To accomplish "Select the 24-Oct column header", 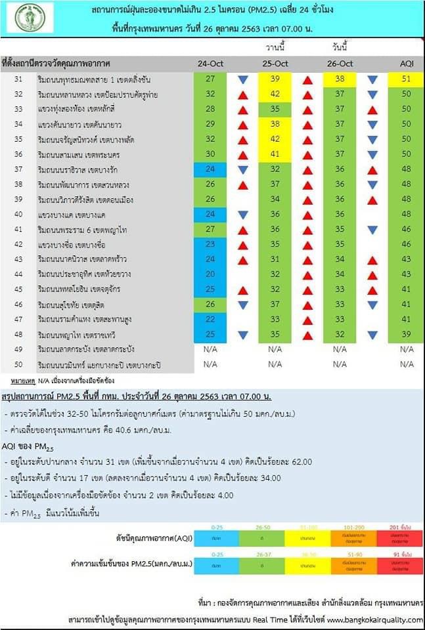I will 210,64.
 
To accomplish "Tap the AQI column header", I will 406,64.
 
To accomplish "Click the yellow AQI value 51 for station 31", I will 406,79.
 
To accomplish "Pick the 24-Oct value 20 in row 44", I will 210,274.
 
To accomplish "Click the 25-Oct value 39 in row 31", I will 275,79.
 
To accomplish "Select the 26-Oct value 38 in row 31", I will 340,79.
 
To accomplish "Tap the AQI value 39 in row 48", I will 406,335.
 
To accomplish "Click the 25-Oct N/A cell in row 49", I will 275,349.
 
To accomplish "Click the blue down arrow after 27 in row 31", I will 242,80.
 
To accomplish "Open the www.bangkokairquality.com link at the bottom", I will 375,619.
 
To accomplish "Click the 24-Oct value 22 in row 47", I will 210,320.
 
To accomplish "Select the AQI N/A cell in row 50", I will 406,364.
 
